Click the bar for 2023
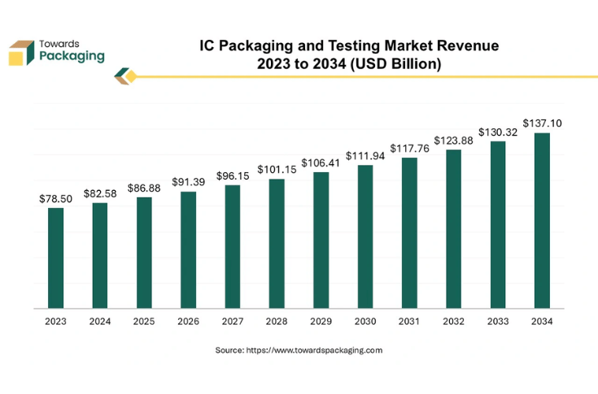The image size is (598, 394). (x=55, y=258)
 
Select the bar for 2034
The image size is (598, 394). (x=542, y=220)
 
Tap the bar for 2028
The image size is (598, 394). (x=277, y=244)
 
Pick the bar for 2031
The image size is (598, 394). (x=409, y=233)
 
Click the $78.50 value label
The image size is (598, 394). (x=55, y=199)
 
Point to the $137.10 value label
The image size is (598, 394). (x=542, y=123)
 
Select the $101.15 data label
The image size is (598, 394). (x=277, y=170)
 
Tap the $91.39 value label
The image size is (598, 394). (x=188, y=182)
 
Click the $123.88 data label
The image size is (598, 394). (x=453, y=141)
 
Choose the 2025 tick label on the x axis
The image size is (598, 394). (x=144, y=322)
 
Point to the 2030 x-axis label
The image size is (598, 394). (x=365, y=322)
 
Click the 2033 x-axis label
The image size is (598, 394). (x=498, y=322)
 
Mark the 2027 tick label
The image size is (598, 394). (x=232, y=322)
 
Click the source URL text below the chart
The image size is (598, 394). (x=299, y=350)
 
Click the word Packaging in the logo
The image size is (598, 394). (x=72, y=56)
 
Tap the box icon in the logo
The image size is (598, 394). (x=22, y=51)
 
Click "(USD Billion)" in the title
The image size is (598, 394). (x=394, y=63)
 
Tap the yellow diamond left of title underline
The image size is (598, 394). (x=130, y=76)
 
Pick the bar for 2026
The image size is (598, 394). (x=188, y=250)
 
